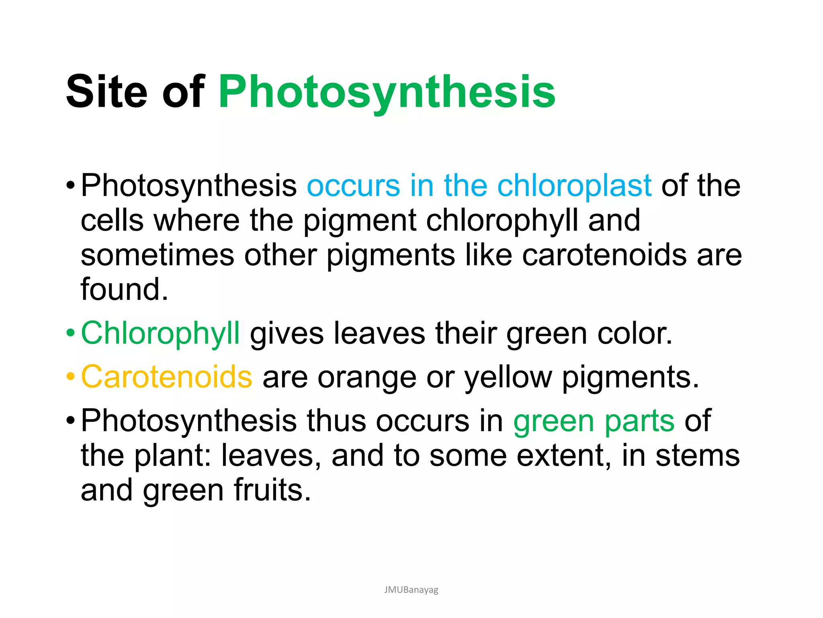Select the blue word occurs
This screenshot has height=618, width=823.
pyautogui.click(x=353, y=185)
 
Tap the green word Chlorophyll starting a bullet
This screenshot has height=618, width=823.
pyautogui.click(x=160, y=334)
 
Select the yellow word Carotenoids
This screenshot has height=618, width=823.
pyautogui.click(x=166, y=377)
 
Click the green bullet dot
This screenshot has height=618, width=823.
pyautogui.click(x=71, y=334)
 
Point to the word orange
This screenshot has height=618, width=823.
pyautogui.click(x=366, y=378)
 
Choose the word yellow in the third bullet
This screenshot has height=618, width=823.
pyautogui.click(x=508, y=378)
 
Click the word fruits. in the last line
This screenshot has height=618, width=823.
pyautogui.click(x=272, y=490)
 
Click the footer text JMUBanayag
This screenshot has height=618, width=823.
pyautogui.click(x=411, y=590)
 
